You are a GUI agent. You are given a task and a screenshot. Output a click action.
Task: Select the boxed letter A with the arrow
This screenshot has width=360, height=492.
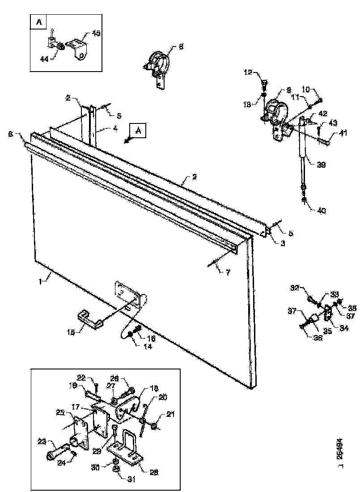click(138, 131)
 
